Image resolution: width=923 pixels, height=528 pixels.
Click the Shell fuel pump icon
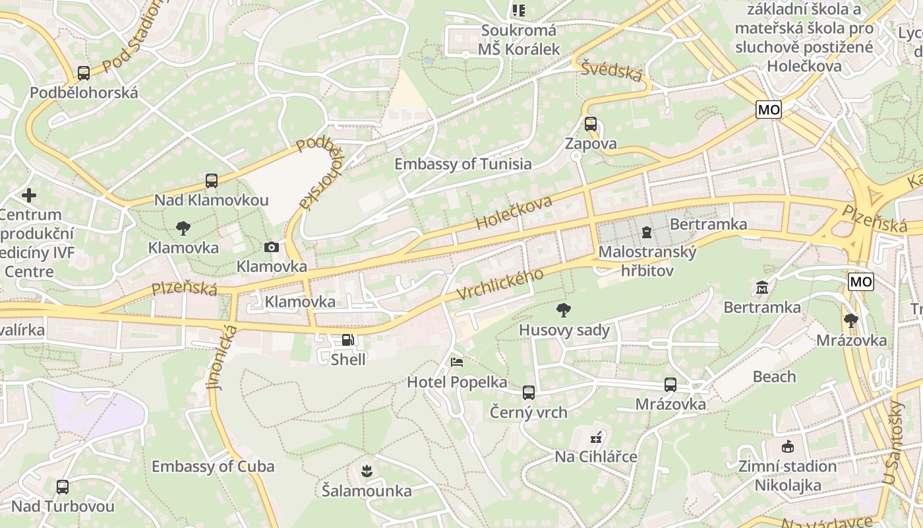pos(347,341)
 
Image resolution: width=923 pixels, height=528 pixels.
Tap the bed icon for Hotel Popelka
pos(456,362)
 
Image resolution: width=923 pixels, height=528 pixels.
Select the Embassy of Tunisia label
pos(463,164)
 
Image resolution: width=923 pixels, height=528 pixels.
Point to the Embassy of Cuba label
pos(213,467)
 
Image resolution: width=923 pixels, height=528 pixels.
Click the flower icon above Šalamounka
pos(367,471)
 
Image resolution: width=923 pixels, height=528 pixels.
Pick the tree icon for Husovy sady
pos(564,310)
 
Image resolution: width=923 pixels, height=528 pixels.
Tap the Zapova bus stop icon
pos(590,124)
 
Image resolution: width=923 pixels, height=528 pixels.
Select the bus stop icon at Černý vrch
pos(528,393)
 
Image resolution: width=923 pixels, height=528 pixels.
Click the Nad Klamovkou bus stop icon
pos(211,181)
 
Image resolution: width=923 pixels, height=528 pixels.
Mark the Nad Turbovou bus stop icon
pos(63,487)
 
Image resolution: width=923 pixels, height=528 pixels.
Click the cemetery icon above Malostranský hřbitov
pos(647,232)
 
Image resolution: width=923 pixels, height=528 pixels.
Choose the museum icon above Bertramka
pos(762,288)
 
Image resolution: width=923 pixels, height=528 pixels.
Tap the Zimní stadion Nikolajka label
pos(787,476)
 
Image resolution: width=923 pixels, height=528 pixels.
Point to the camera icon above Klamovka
pos(271,247)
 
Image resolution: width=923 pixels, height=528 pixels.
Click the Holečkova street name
pos(514,213)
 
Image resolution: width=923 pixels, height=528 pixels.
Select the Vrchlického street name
pos(500,284)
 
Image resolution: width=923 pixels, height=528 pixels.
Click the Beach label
pos(774,377)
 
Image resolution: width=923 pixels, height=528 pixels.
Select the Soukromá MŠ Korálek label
pos(519,40)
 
